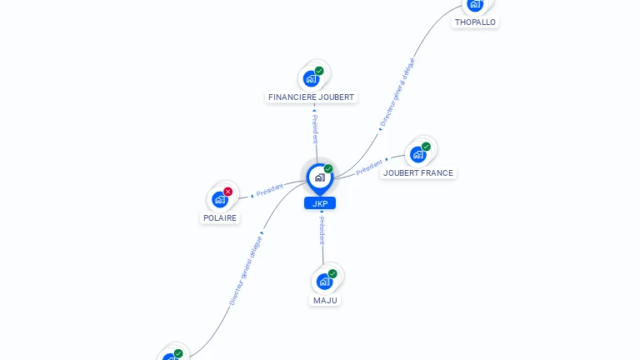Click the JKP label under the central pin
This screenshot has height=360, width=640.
pyautogui.click(x=320, y=203)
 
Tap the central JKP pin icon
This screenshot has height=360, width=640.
pyautogui.click(x=319, y=177)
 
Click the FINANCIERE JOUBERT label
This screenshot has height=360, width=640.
pyautogui.click(x=311, y=97)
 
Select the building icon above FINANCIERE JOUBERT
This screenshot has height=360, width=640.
pyautogui.click(x=311, y=79)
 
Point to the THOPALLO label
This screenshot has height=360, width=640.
pyautogui.click(x=475, y=22)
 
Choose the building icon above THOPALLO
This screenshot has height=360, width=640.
pyautogui.click(x=474, y=4)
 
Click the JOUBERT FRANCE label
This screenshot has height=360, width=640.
pyautogui.click(x=418, y=173)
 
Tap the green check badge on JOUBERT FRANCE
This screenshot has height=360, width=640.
pyautogui.click(x=426, y=147)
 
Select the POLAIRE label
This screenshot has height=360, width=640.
pyautogui.click(x=220, y=218)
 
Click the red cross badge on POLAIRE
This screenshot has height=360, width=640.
pyautogui.click(x=227, y=192)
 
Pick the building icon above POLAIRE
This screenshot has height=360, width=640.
pyautogui.click(x=219, y=199)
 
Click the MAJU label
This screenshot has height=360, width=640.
pyautogui.click(x=326, y=300)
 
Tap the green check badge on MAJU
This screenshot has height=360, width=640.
pyautogui.click(x=332, y=273)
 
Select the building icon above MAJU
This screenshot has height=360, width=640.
pyautogui.click(x=324, y=282)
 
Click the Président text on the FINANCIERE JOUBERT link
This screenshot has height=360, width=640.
pyautogui.click(x=314, y=128)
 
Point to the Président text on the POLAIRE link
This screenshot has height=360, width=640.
pyautogui.click(x=270, y=190)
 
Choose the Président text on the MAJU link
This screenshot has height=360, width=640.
pyautogui.click(x=322, y=230)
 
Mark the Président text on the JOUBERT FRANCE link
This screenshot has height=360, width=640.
pyautogui.click(x=369, y=167)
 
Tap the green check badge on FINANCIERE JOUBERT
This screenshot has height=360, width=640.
pyautogui.click(x=319, y=71)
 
